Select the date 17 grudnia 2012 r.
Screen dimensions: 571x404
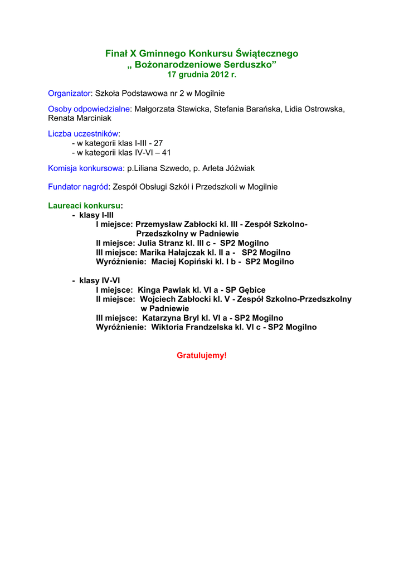tap(202, 74)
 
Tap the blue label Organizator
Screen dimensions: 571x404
tap(69, 93)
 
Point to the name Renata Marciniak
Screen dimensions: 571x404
tap(80, 118)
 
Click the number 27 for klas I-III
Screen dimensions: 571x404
tap(158, 143)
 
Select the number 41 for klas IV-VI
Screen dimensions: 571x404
tap(166, 152)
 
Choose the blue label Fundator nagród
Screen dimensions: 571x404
tap(78, 187)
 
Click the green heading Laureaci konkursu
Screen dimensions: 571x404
tap(84, 206)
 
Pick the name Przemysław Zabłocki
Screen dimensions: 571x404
tap(177, 224)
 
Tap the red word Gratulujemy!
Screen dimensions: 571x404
tap(202, 355)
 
